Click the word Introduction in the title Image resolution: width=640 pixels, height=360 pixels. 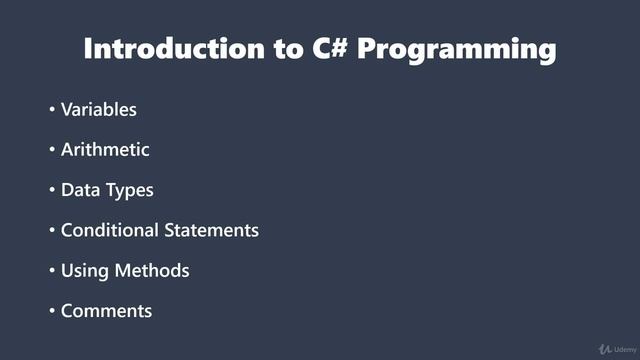point(169,49)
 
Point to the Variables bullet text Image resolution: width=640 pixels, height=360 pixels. point(98,109)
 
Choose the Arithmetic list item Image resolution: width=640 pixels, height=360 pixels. point(105,149)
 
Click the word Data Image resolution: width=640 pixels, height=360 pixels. point(80,190)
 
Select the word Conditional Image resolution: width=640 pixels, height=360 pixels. point(110,230)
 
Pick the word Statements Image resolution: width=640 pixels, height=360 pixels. point(212,230)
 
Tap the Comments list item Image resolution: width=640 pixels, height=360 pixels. point(106,311)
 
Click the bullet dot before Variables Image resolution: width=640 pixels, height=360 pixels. point(52,110)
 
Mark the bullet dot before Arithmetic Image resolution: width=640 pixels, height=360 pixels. point(52,150)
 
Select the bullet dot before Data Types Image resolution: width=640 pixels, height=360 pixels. point(52,190)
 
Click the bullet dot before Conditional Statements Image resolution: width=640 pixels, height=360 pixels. point(52,231)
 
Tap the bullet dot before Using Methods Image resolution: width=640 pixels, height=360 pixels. point(52,271)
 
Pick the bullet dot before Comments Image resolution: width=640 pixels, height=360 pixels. point(52,311)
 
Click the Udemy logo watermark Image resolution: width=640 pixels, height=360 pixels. point(614,349)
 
